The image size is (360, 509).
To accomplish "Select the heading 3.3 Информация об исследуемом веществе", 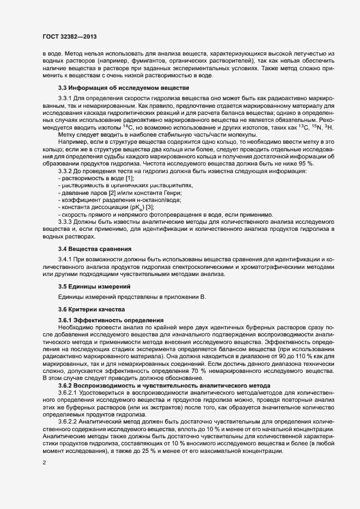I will click(123, 88).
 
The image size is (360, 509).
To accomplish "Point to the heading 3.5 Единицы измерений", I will click(94, 286).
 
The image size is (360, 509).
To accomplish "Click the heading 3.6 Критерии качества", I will click(92, 309).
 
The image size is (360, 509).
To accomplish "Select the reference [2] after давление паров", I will click(111, 193).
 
